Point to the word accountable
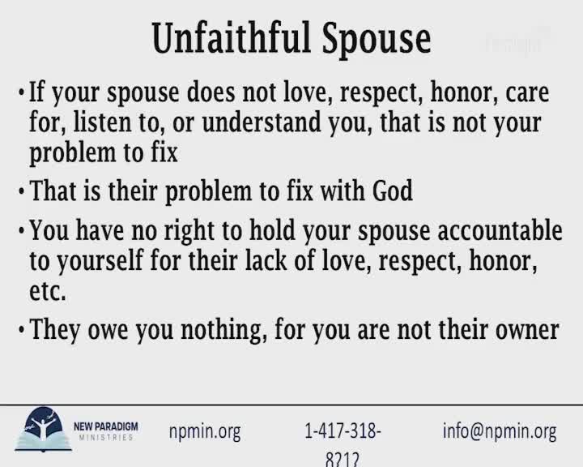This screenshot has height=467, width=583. tap(500, 230)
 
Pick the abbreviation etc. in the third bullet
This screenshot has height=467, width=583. tap(47, 290)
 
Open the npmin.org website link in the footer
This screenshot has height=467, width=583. tap(205, 431)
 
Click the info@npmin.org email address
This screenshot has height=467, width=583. tap(499, 431)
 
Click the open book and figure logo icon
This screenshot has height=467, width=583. tap(44, 431)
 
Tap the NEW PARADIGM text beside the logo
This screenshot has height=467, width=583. tap(104, 426)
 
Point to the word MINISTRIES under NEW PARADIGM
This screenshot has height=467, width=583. tap(106, 438)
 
